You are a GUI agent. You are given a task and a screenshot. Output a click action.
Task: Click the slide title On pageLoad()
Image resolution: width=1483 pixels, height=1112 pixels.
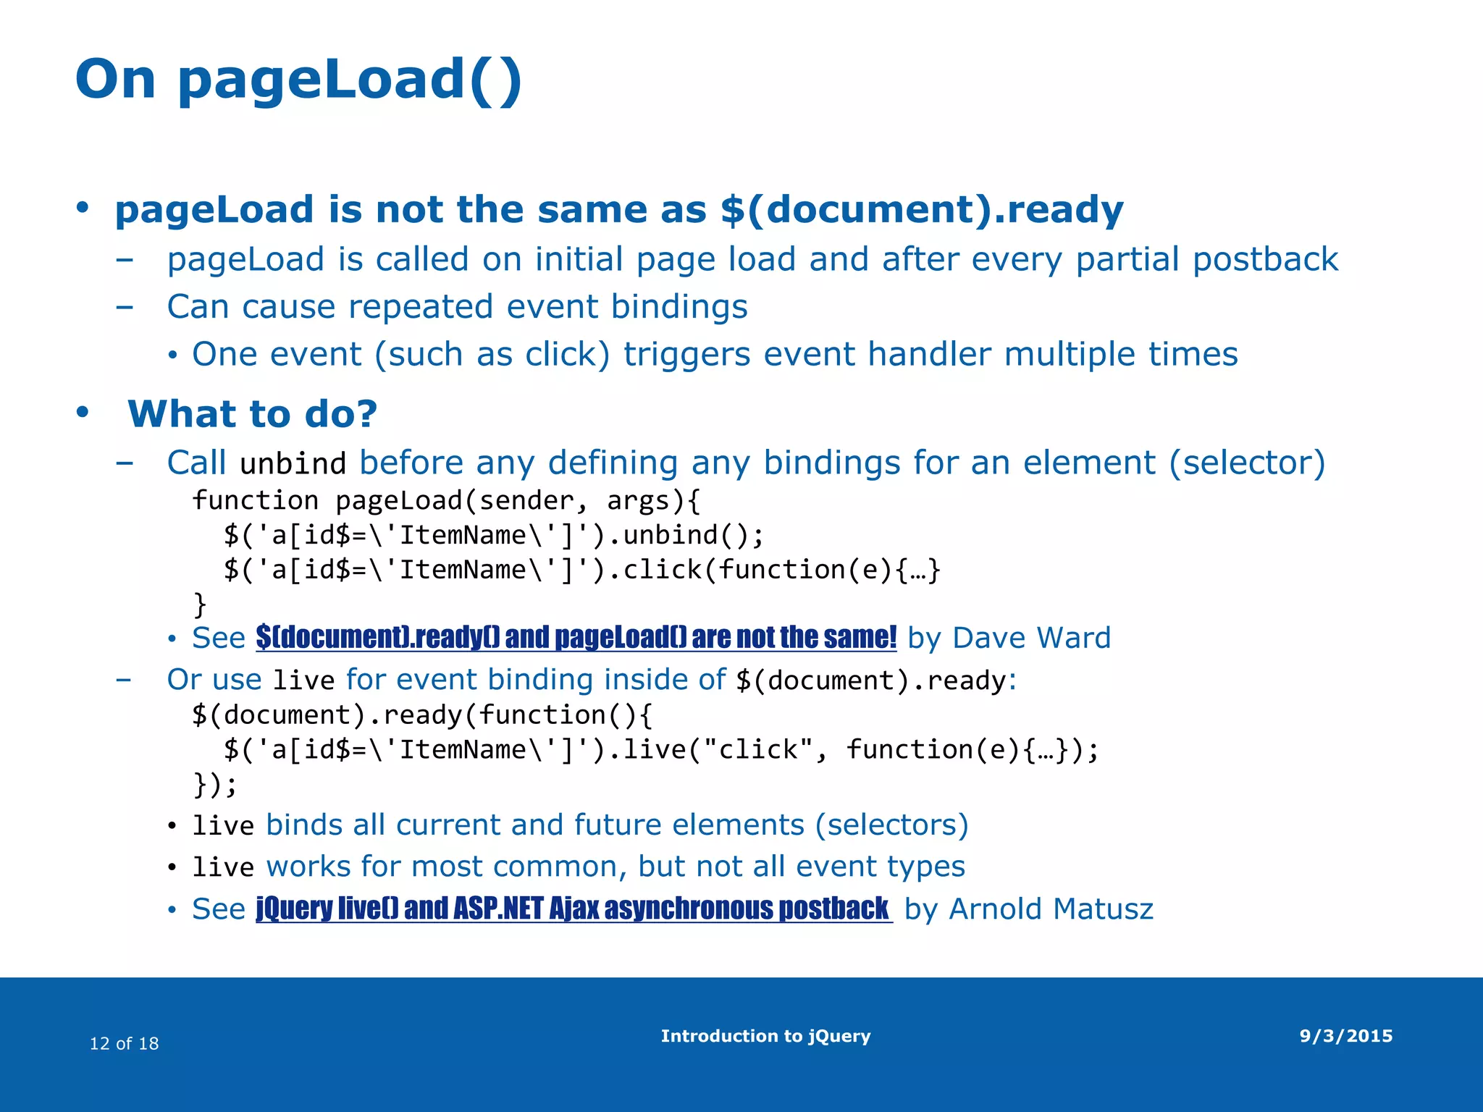[298, 80]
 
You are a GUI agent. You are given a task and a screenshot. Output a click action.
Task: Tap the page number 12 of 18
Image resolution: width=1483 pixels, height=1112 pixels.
[124, 1043]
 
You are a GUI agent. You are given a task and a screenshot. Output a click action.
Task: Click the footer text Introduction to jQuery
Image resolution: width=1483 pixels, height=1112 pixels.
[765, 1036]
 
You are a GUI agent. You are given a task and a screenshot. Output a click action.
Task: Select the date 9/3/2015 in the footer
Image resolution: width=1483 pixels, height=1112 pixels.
[1345, 1036]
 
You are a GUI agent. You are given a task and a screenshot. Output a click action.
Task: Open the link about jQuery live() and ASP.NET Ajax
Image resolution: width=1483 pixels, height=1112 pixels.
[572, 909]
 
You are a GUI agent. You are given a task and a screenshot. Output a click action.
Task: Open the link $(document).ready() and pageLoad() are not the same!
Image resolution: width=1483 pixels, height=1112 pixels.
[576, 638]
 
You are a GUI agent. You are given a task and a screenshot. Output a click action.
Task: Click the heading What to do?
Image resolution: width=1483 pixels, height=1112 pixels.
[253, 414]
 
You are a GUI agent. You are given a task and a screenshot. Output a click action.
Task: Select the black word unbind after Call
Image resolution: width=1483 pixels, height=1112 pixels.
[293, 464]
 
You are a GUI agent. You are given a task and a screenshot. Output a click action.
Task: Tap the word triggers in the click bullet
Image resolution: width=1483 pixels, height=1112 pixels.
[686, 355]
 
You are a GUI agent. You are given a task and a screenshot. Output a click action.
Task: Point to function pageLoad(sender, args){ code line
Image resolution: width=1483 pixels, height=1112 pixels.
[446, 500]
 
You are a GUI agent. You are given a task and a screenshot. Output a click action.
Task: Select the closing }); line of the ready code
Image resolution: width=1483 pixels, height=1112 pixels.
[214, 784]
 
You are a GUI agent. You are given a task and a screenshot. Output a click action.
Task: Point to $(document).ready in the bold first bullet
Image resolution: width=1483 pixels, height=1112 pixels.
[922, 210]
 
